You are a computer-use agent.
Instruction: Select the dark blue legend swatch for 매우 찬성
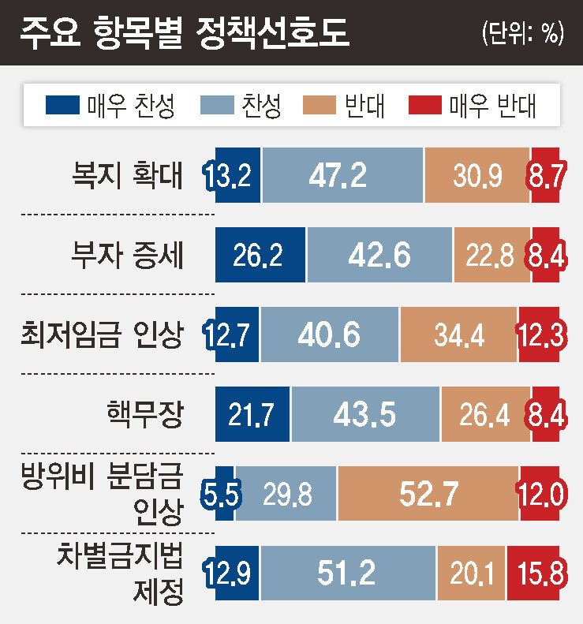click(63, 105)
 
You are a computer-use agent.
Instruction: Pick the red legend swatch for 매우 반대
click(425, 105)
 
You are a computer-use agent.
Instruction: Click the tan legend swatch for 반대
click(319, 105)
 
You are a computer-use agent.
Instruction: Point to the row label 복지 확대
click(125, 176)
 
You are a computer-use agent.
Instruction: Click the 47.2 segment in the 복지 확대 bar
click(342, 176)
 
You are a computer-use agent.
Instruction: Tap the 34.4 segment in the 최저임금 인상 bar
click(458, 335)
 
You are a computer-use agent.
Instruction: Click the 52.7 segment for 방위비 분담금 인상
click(428, 495)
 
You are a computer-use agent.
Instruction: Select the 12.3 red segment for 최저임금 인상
click(542, 335)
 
